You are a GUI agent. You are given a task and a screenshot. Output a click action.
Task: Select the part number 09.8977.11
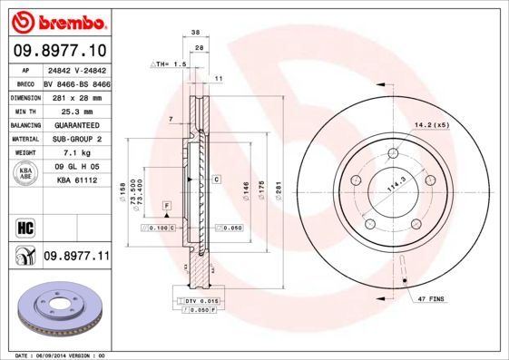76,257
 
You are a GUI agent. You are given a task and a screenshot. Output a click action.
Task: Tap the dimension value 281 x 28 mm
75,96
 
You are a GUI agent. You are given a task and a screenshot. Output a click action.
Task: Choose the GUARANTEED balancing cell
75,125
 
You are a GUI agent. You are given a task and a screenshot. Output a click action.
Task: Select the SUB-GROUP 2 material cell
75,139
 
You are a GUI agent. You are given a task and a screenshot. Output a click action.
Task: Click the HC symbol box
24,224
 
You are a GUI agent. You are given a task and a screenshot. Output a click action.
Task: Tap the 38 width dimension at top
195,32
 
